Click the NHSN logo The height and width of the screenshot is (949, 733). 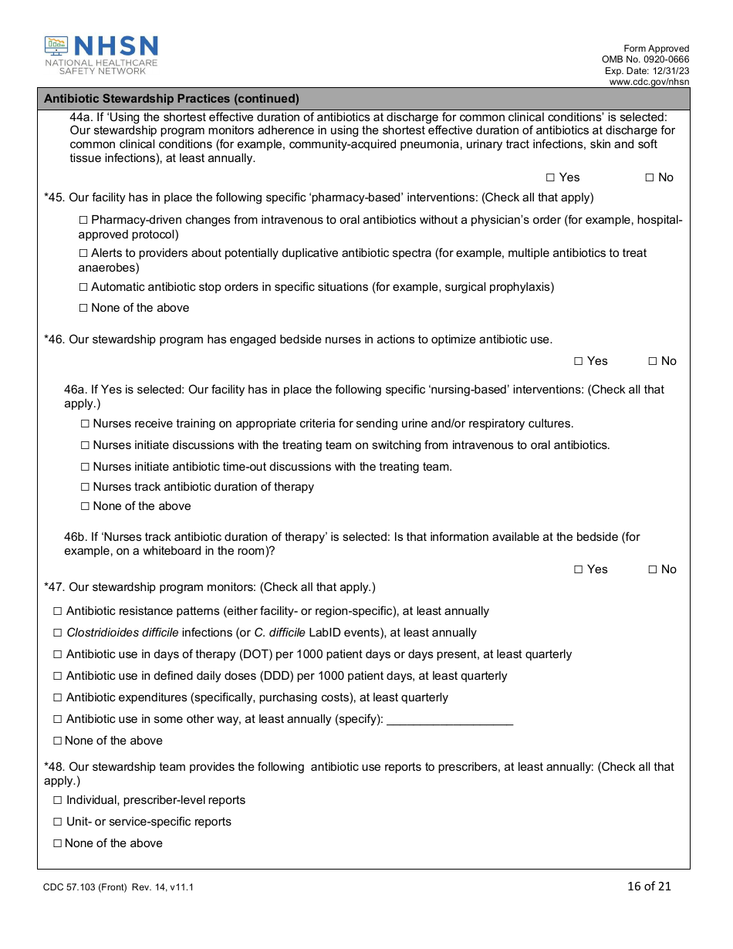(101, 55)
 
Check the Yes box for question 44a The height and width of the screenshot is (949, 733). (549, 177)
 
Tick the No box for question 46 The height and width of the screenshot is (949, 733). (652, 361)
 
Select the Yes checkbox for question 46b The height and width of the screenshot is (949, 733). (578, 569)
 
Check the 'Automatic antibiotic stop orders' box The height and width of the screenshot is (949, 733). (83, 287)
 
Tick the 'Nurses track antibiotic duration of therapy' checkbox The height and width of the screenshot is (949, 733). (85, 487)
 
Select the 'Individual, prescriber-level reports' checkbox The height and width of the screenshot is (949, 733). (57, 800)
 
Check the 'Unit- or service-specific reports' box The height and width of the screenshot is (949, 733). (57, 822)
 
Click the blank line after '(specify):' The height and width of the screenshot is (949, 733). (449, 720)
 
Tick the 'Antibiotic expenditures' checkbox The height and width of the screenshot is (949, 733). (57, 697)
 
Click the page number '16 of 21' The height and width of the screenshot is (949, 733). (649, 886)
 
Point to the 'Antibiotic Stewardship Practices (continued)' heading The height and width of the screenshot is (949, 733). (171, 99)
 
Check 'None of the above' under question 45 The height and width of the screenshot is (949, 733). (83, 308)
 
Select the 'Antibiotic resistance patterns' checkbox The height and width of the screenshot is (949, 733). (57, 611)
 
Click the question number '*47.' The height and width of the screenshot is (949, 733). (55, 587)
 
